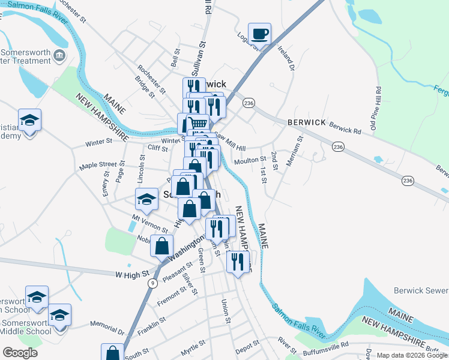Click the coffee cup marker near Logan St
click(259, 34)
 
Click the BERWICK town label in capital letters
click(307, 122)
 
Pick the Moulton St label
click(250, 160)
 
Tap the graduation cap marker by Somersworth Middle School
click(59, 315)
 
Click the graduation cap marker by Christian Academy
click(29, 121)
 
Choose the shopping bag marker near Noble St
click(162, 245)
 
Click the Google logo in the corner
click(20, 353)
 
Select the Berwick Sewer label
click(421, 290)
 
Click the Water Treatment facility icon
click(59, 56)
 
